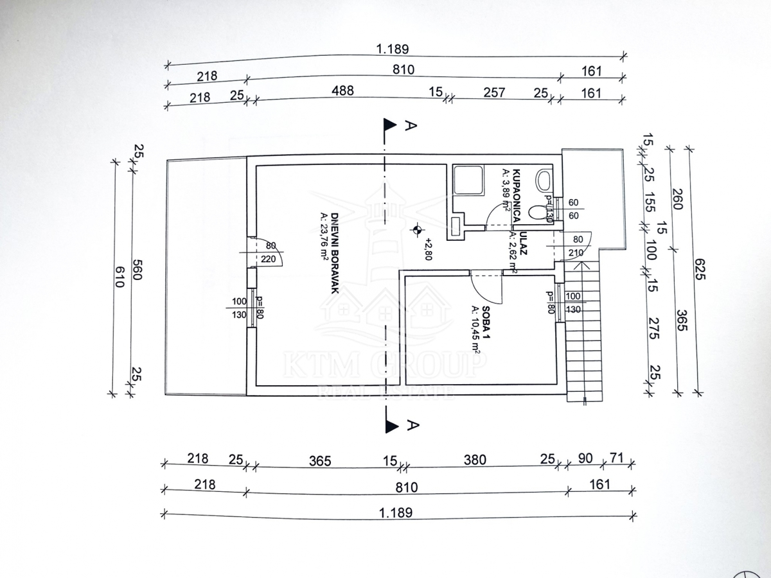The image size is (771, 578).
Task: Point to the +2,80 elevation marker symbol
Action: pyautogui.click(x=418, y=229)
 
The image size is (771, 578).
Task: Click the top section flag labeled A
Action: pyautogui.click(x=389, y=125)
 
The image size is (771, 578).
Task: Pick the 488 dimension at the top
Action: pyautogui.click(x=342, y=91)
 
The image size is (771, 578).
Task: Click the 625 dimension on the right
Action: pyautogui.click(x=699, y=272)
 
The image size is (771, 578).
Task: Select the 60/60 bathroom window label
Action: pyautogui.click(x=573, y=209)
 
